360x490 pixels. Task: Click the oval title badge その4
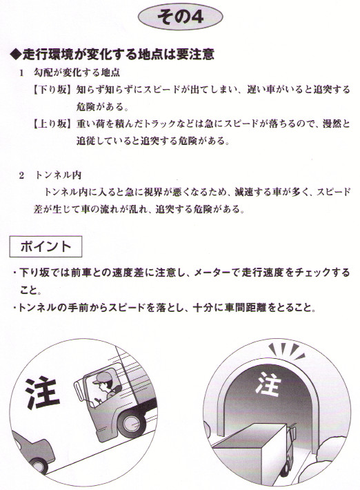(x=181, y=17)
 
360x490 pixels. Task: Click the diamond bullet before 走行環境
(x=16, y=55)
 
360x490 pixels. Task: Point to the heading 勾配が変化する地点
(x=77, y=73)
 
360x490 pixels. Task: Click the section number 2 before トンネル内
(x=21, y=175)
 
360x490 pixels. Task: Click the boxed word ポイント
(x=46, y=246)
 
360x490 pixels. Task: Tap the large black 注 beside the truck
(x=42, y=393)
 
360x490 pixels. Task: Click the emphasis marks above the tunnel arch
(x=286, y=350)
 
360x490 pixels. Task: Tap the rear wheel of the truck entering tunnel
(x=286, y=468)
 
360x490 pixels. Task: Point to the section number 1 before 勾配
(x=21, y=73)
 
